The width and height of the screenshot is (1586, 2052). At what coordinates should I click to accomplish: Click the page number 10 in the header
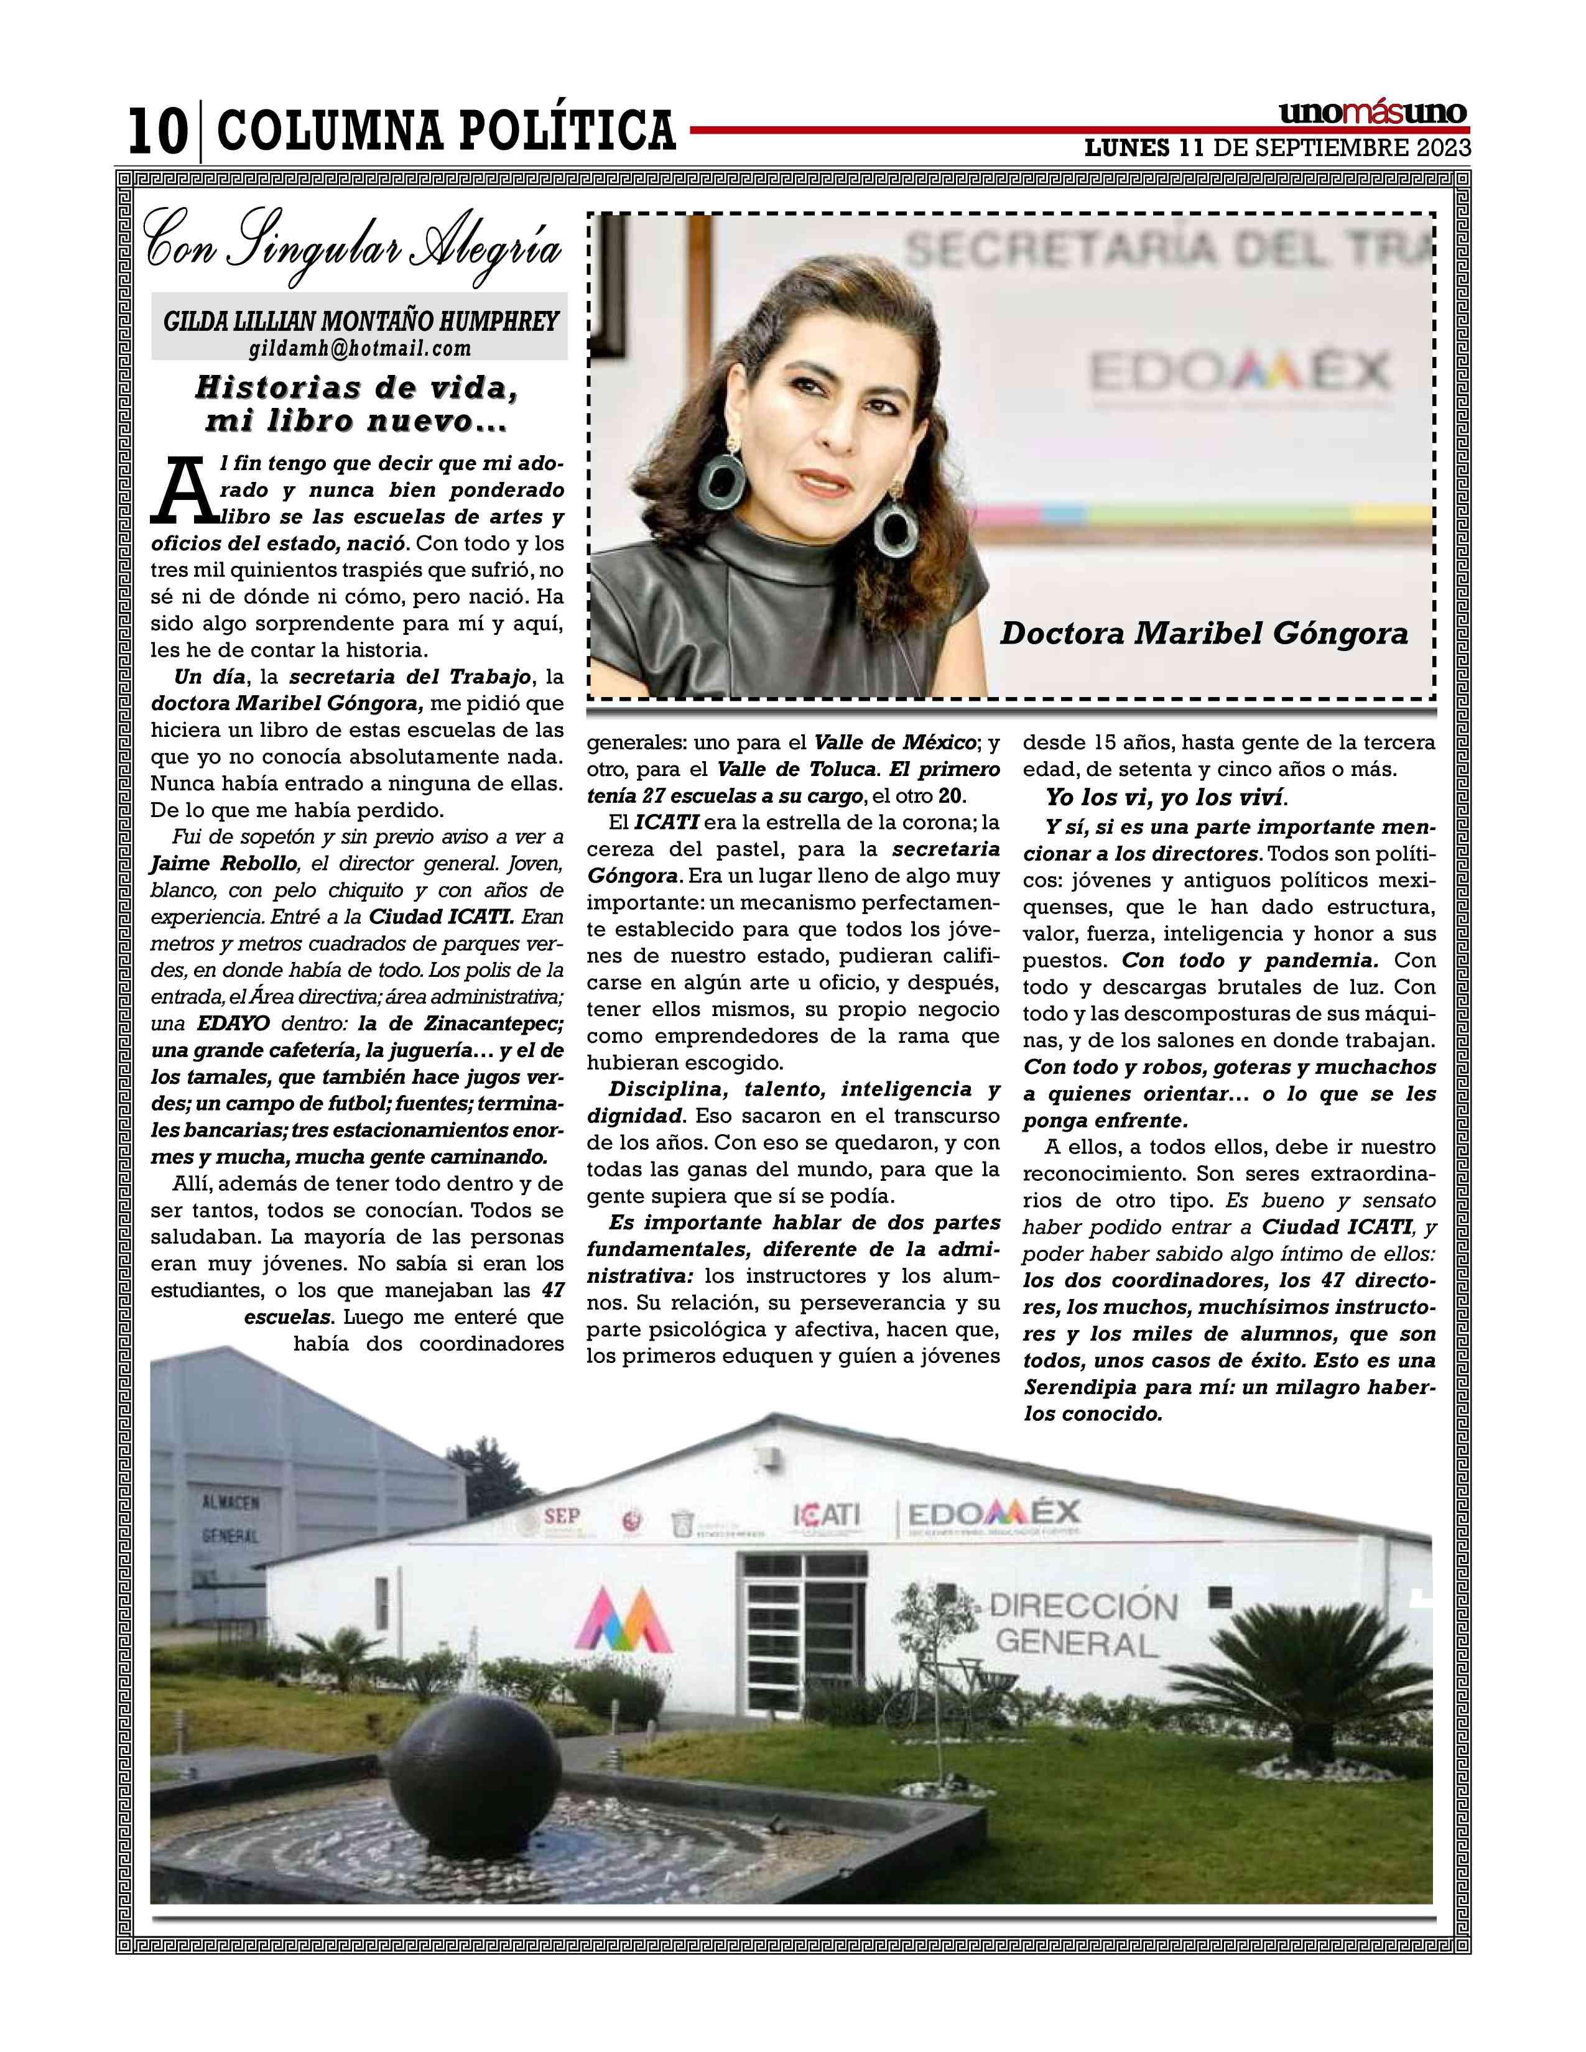[x=155, y=132]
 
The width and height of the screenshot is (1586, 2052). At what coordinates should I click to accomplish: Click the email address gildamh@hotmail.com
[x=360, y=349]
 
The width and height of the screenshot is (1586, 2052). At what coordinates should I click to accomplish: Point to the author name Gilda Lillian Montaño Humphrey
[x=361, y=321]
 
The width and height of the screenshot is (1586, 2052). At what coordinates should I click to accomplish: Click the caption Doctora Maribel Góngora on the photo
[x=1203, y=633]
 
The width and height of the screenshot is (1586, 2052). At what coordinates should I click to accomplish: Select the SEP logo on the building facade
[x=562, y=1515]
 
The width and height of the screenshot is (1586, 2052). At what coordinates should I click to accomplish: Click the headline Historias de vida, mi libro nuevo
[x=357, y=404]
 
